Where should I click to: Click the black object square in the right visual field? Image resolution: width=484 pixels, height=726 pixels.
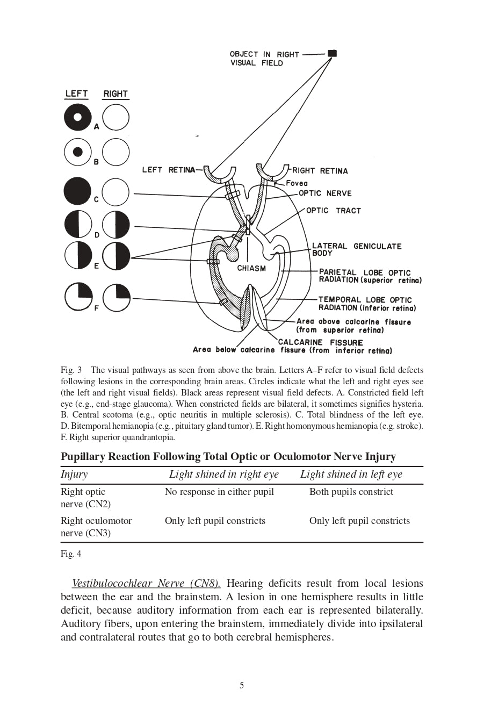pyautogui.click(x=333, y=53)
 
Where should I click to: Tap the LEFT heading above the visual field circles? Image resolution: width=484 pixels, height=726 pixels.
pyautogui.click(x=76, y=94)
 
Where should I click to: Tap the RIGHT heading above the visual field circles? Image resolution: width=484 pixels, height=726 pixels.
pyautogui.click(x=115, y=94)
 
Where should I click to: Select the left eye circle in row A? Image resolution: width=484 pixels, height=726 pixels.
pyautogui.click(x=78, y=117)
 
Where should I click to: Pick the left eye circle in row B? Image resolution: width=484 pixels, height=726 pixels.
pyautogui.click(x=78, y=152)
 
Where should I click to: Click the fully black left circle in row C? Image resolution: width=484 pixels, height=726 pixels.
pyautogui.click(x=78, y=191)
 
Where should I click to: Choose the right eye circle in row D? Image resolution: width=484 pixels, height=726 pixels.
pyautogui.click(x=116, y=225)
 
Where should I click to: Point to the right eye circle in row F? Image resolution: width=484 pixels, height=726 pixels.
pyautogui.click(x=117, y=297)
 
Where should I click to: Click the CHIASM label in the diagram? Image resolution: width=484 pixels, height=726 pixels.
pyautogui.click(x=251, y=268)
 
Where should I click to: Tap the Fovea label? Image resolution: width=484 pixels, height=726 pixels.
pyautogui.click(x=297, y=183)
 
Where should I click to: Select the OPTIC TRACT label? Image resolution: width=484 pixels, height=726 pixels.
pyautogui.click(x=333, y=211)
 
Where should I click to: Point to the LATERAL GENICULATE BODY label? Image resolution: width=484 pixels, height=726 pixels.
pyautogui.click(x=356, y=249)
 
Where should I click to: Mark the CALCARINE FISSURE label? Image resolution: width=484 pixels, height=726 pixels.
pyautogui.click(x=320, y=342)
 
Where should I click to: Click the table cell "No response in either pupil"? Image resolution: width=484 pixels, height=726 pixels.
pyautogui.click(x=219, y=492)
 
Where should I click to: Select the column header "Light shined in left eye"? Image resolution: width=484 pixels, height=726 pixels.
pyautogui.click(x=351, y=474)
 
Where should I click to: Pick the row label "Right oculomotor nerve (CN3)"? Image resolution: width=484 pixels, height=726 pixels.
pyautogui.click(x=96, y=527)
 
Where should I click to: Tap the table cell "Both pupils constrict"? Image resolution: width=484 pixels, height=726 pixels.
pyautogui.click(x=351, y=492)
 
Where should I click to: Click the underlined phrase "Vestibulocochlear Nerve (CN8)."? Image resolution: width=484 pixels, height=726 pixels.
pyautogui.click(x=146, y=583)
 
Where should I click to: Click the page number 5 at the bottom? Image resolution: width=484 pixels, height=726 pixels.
pyautogui.click(x=242, y=685)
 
